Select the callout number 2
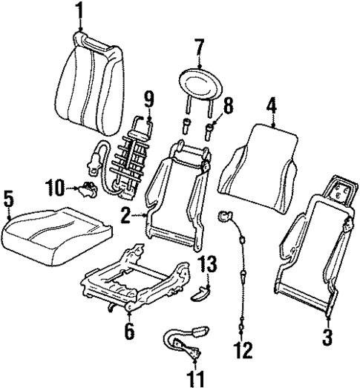coord(127,216)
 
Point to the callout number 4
coord(272,106)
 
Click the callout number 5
coord(8,199)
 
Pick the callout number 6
coord(129,332)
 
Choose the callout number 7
coord(198,50)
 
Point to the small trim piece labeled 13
coord(200,292)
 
